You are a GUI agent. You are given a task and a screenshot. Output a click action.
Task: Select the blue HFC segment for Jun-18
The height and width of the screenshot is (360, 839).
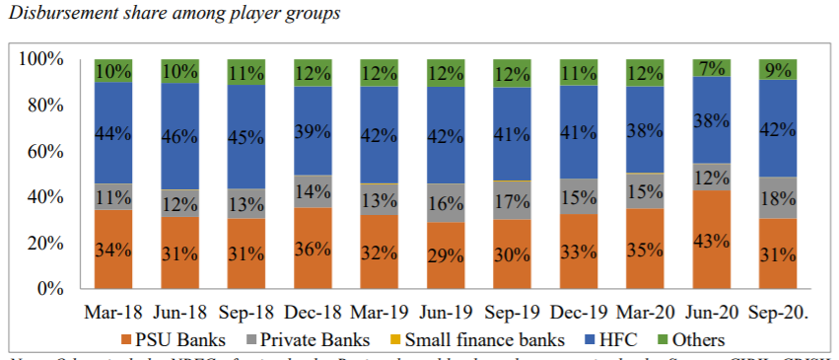tap(179, 136)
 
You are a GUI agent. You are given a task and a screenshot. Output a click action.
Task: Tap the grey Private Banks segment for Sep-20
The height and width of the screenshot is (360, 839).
tap(777, 197)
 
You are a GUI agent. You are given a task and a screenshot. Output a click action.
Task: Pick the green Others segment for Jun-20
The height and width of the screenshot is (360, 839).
tap(711, 68)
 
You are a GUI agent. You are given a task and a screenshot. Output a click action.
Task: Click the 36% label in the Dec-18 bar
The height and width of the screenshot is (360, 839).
tap(313, 249)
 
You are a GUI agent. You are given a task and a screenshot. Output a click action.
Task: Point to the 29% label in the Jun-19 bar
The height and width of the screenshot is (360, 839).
tap(446, 255)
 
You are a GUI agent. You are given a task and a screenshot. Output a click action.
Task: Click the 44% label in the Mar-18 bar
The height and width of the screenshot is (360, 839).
tap(113, 133)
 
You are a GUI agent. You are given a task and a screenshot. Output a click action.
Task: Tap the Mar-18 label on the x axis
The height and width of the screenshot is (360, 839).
tap(113, 314)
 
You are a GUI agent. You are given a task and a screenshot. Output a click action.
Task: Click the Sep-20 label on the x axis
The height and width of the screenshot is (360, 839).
tap(778, 314)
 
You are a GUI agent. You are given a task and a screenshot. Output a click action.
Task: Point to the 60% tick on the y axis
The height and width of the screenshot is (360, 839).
tap(42, 151)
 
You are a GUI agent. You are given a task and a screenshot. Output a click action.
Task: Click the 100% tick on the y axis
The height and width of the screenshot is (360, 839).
tap(39, 59)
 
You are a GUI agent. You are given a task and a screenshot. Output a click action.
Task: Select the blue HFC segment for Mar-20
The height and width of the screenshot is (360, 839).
tap(645, 130)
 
